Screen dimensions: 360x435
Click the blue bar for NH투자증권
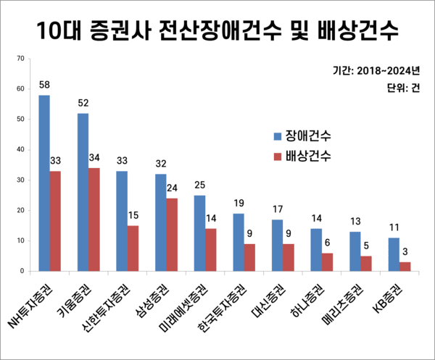(44, 183)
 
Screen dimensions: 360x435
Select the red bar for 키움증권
(94, 219)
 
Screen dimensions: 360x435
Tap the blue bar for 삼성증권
(161, 222)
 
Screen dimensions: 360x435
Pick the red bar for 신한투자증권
(133, 248)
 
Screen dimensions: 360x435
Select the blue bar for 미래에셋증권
(199, 233)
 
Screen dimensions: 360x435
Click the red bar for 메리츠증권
(366, 264)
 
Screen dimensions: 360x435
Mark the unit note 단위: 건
(404, 89)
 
